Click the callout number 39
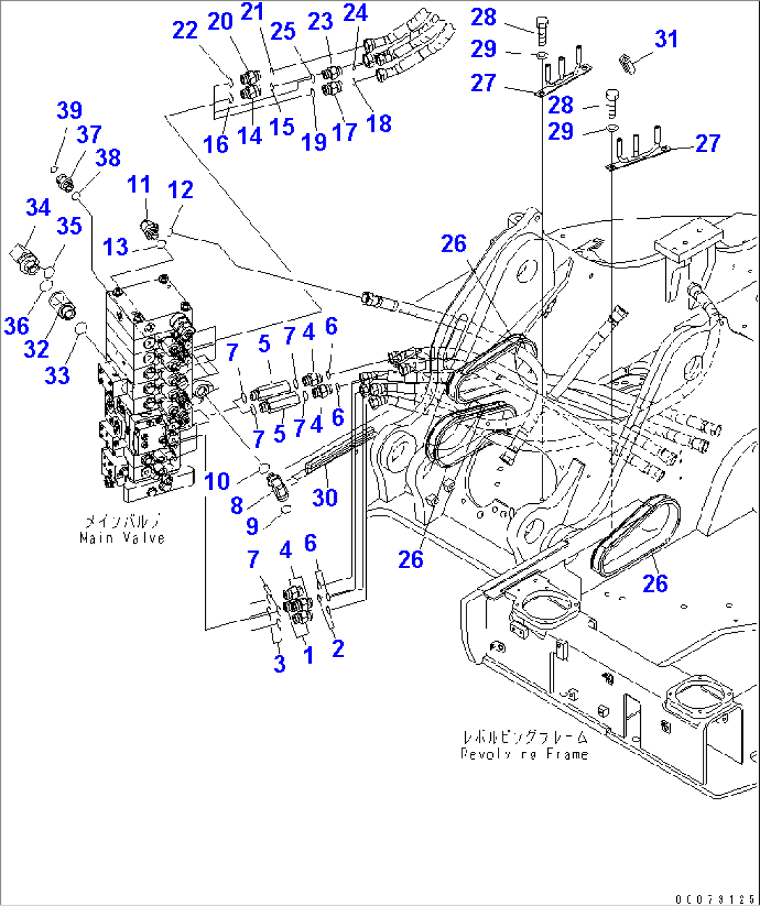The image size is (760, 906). click(x=69, y=110)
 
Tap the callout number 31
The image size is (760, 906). click(x=666, y=39)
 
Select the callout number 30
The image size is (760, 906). click(x=325, y=498)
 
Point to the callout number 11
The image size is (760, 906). click(x=139, y=185)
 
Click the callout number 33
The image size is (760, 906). click(x=57, y=376)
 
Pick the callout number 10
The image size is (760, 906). click(x=217, y=481)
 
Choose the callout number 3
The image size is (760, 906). click(x=280, y=663)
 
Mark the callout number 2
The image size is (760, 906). click(x=337, y=649)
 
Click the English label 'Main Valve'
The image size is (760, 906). click(x=122, y=538)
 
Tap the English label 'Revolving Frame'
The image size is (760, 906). click(x=524, y=754)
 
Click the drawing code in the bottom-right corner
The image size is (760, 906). click(x=715, y=900)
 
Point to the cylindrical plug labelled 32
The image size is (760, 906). click(x=64, y=306)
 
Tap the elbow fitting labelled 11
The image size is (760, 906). click(x=150, y=227)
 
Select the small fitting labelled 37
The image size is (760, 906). click(x=66, y=184)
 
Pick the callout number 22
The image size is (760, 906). click(x=185, y=30)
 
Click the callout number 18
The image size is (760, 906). click(x=379, y=123)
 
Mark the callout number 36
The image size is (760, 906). click(x=17, y=325)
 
